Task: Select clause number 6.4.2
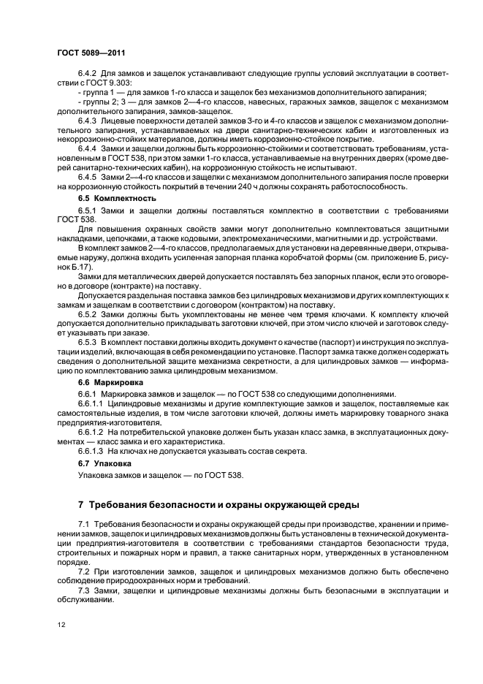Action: (88, 75)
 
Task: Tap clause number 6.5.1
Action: (88, 210)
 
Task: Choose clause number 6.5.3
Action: (88, 341)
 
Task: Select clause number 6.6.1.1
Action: (91, 403)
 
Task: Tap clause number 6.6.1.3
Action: (91, 452)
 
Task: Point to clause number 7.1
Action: (83, 525)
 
